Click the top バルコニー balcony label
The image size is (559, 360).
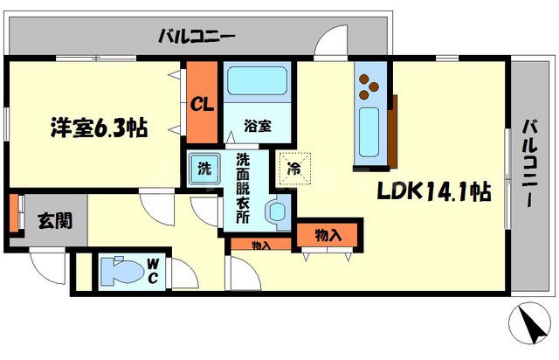click(x=197, y=37)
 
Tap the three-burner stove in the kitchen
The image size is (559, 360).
click(x=368, y=86)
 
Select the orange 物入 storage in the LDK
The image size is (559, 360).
click(x=327, y=236)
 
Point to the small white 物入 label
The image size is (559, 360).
click(x=260, y=245)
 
